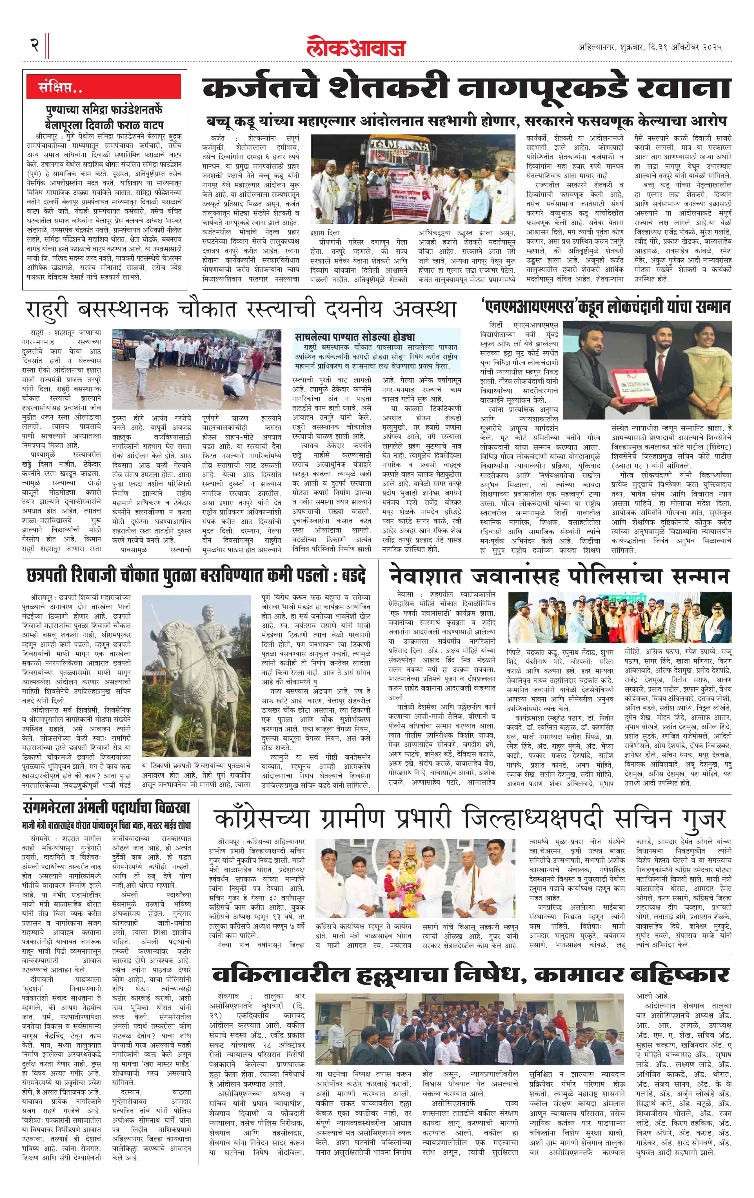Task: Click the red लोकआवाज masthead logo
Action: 356,47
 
